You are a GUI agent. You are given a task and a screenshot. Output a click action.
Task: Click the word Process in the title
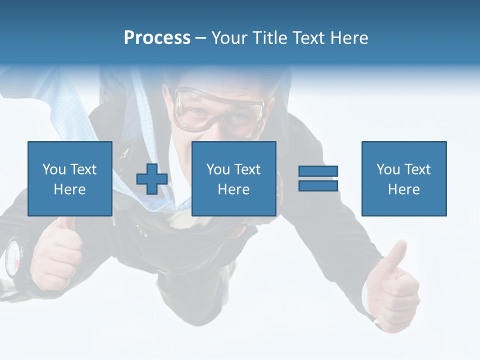click(157, 38)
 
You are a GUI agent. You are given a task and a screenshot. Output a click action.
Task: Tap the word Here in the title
click(348, 38)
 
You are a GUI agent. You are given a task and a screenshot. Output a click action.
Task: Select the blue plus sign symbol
click(152, 179)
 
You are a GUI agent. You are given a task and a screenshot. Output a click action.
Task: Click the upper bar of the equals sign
click(318, 171)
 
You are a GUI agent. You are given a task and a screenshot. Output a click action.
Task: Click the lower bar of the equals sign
click(318, 186)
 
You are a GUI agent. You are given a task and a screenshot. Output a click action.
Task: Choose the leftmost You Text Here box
click(69, 179)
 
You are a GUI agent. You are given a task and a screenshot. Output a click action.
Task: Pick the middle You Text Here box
click(233, 179)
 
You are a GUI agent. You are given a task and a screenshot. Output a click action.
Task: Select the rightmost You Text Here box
click(403, 179)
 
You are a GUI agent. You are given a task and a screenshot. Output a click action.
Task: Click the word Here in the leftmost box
click(69, 189)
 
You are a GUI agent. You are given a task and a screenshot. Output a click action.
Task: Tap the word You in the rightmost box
click(388, 169)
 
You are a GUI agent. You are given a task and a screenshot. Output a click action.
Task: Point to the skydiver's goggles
click(220, 110)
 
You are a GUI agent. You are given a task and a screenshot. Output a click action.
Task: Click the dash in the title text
click(200, 38)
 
